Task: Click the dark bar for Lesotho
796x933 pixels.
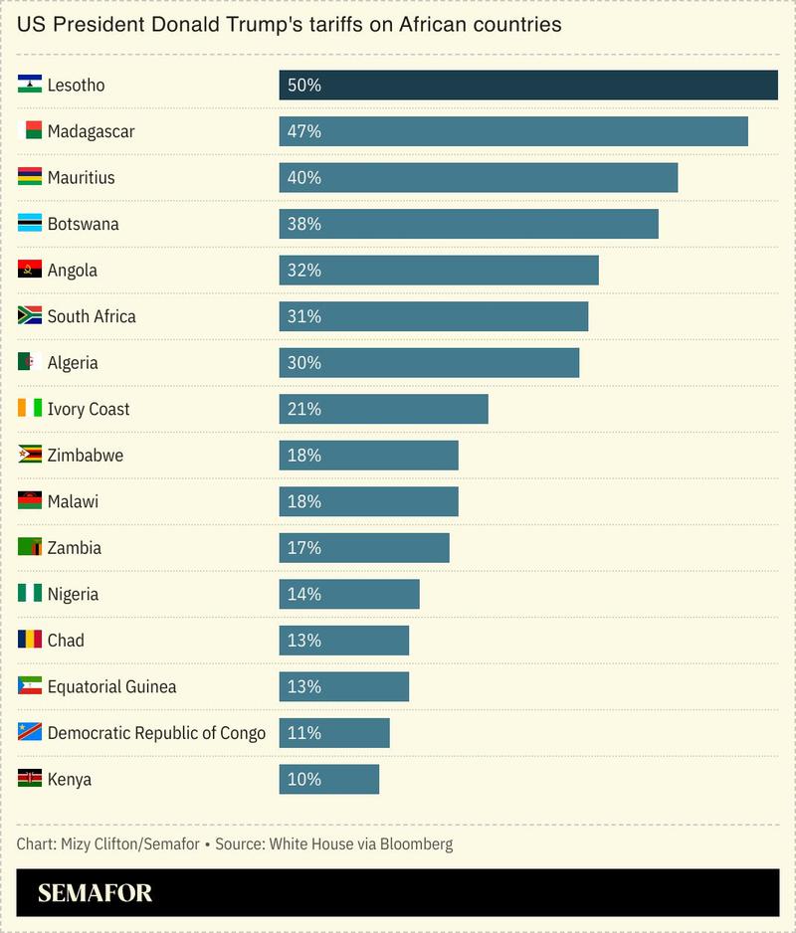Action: pos(527,86)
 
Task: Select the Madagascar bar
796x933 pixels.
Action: pos(512,131)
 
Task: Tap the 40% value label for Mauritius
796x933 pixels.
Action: pos(303,178)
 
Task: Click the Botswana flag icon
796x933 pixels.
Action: pos(30,224)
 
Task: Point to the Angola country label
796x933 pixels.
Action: pos(73,271)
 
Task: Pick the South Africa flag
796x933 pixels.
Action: pos(30,316)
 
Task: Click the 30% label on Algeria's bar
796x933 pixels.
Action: pos(303,363)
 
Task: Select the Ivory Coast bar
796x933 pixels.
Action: pos(383,409)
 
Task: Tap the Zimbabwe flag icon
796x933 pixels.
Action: pos(30,456)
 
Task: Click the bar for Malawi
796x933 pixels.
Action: pos(368,501)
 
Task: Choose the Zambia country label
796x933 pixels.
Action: pos(75,548)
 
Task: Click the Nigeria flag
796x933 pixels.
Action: pos(30,594)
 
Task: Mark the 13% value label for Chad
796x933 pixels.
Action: pos(303,641)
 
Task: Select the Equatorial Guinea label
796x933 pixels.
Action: pos(112,686)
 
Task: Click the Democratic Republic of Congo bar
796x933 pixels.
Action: pos(333,733)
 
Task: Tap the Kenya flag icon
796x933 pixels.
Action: pos(30,779)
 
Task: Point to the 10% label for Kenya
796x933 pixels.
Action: pos(303,779)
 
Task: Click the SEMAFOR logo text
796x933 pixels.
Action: pos(96,893)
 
